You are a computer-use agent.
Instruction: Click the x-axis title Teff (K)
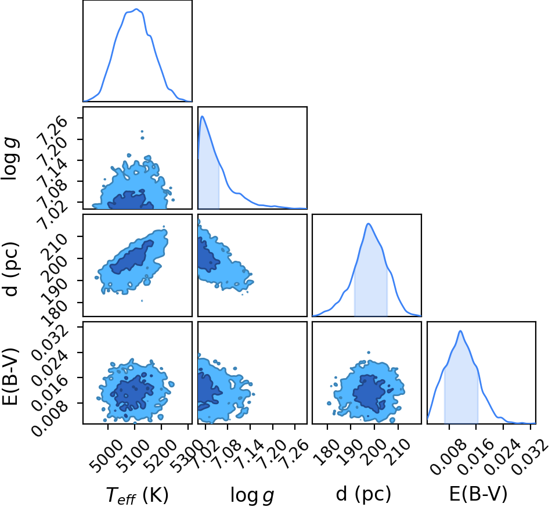click(x=137, y=495)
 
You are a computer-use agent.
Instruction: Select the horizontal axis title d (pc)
click(x=363, y=494)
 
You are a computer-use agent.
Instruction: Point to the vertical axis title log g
click(x=10, y=160)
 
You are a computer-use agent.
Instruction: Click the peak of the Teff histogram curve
click(x=136, y=9)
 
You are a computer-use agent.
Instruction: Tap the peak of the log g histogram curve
click(x=203, y=116)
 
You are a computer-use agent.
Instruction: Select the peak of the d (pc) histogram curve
click(x=368, y=224)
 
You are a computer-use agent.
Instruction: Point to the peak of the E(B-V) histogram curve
click(x=460, y=331)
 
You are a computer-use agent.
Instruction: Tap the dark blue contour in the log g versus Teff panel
click(x=130, y=202)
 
